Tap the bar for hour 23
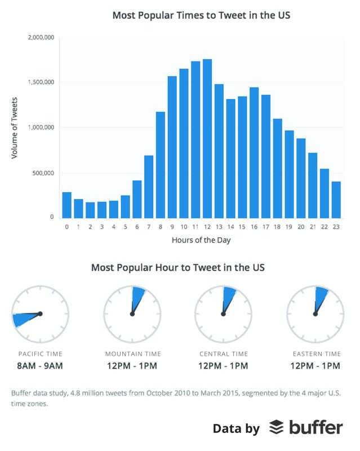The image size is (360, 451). (x=336, y=200)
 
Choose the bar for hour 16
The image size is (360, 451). (x=254, y=153)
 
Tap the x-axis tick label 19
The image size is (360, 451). (x=289, y=227)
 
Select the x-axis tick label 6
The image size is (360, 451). (x=137, y=227)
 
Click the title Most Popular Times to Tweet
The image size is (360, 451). (x=201, y=15)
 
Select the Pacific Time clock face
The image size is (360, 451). (x=40, y=313)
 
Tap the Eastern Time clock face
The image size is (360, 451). (x=315, y=313)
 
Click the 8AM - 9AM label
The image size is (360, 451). (x=40, y=366)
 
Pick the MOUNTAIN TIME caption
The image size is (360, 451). (x=132, y=354)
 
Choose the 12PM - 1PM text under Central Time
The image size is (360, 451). (x=224, y=366)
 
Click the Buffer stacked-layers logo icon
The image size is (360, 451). (x=276, y=428)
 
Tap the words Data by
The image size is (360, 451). (x=236, y=428)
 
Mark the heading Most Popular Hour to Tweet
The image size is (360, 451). (x=178, y=267)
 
